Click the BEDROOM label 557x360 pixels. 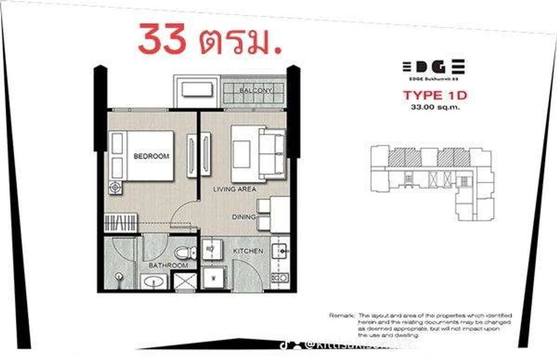click(x=151, y=156)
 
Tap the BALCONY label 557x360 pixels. click(x=255, y=90)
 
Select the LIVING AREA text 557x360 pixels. click(x=234, y=189)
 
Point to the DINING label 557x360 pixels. click(x=244, y=217)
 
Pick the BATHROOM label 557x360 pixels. click(x=168, y=265)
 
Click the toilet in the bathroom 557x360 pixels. click(x=183, y=253)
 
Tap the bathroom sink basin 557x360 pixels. click(x=155, y=281)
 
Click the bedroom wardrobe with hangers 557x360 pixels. click(x=120, y=222)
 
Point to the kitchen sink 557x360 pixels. click(x=279, y=251)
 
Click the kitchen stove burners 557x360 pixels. click(x=279, y=277)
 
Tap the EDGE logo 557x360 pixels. click(x=434, y=67)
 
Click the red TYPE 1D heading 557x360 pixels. click(x=434, y=96)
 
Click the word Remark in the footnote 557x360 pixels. click(x=341, y=315)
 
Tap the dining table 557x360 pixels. click(x=280, y=214)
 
